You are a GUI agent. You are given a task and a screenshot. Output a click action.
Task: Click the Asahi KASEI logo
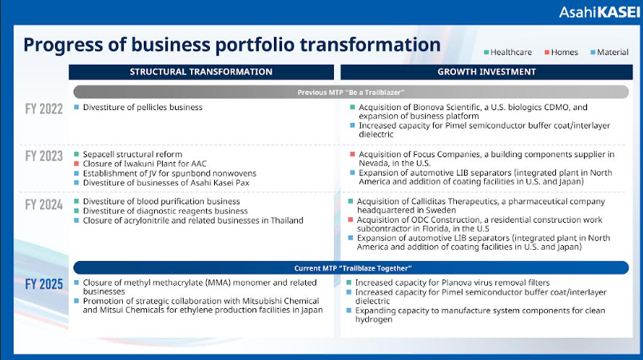pyautogui.click(x=599, y=12)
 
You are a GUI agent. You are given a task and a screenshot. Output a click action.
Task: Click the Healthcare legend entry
pyautogui.click(x=508, y=53)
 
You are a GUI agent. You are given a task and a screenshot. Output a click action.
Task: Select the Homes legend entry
pyautogui.click(x=561, y=53)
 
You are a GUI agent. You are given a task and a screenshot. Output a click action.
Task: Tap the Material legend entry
pyautogui.click(x=609, y=53)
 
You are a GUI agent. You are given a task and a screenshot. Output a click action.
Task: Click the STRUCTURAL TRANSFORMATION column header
pyautogui.click(x=201, y=72)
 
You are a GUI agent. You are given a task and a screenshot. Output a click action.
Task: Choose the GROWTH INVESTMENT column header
pyautogui.click(x=486, y=72)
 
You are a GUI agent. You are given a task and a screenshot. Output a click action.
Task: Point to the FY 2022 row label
pyautogui.click(x=44, y=109)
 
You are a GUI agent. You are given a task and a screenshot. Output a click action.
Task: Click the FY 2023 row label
pyautogui.click(x=44, y=156)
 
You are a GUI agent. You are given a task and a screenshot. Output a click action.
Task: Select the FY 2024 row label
pyautogui.click(x=44, y=204)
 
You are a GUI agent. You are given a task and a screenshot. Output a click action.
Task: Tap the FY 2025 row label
pyautogui.click(x=44, y=284)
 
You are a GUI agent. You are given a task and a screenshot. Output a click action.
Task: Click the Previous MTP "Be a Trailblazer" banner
pyautogui.click(x=351, y=93)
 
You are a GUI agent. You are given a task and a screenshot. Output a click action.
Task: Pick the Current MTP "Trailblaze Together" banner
pyautogui.click(x=351, y=268)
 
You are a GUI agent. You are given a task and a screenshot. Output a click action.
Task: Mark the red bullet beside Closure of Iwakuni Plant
pyautogui.click(x=77, y=164)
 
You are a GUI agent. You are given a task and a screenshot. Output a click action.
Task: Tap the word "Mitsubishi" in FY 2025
pyautogui.click(x=264, y=301)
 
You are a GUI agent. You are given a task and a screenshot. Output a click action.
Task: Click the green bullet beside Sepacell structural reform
pyautogui.click(x=77, y=154)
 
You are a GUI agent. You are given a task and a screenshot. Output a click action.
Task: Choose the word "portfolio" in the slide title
pyautogui.click(x=255, y=45)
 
